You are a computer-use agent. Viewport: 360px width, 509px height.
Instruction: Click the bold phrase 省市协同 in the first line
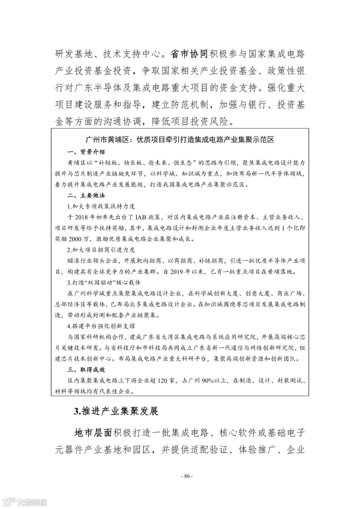(189, 54)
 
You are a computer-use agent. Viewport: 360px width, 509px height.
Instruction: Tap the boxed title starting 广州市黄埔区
(180, 139)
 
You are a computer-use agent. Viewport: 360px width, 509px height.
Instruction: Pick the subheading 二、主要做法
(86, 195)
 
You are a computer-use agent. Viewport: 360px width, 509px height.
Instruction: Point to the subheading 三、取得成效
(86, 370)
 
